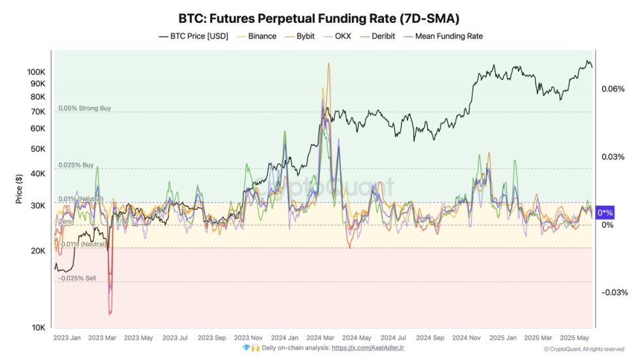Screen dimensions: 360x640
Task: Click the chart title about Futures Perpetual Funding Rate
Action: tap(319, 18)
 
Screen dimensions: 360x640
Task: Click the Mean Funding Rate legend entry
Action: tap(448, 36)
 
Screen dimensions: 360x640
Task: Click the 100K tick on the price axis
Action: tap(36, 71)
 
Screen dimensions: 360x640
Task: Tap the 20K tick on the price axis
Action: tap(39, 251)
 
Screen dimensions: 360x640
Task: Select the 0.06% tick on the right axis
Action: tap(613, 89)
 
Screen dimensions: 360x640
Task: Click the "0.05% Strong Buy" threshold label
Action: tap(84, 108)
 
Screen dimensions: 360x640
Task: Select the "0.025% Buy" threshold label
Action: tap(76, 165)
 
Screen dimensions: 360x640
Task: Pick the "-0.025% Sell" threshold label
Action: tap(77, 278)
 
